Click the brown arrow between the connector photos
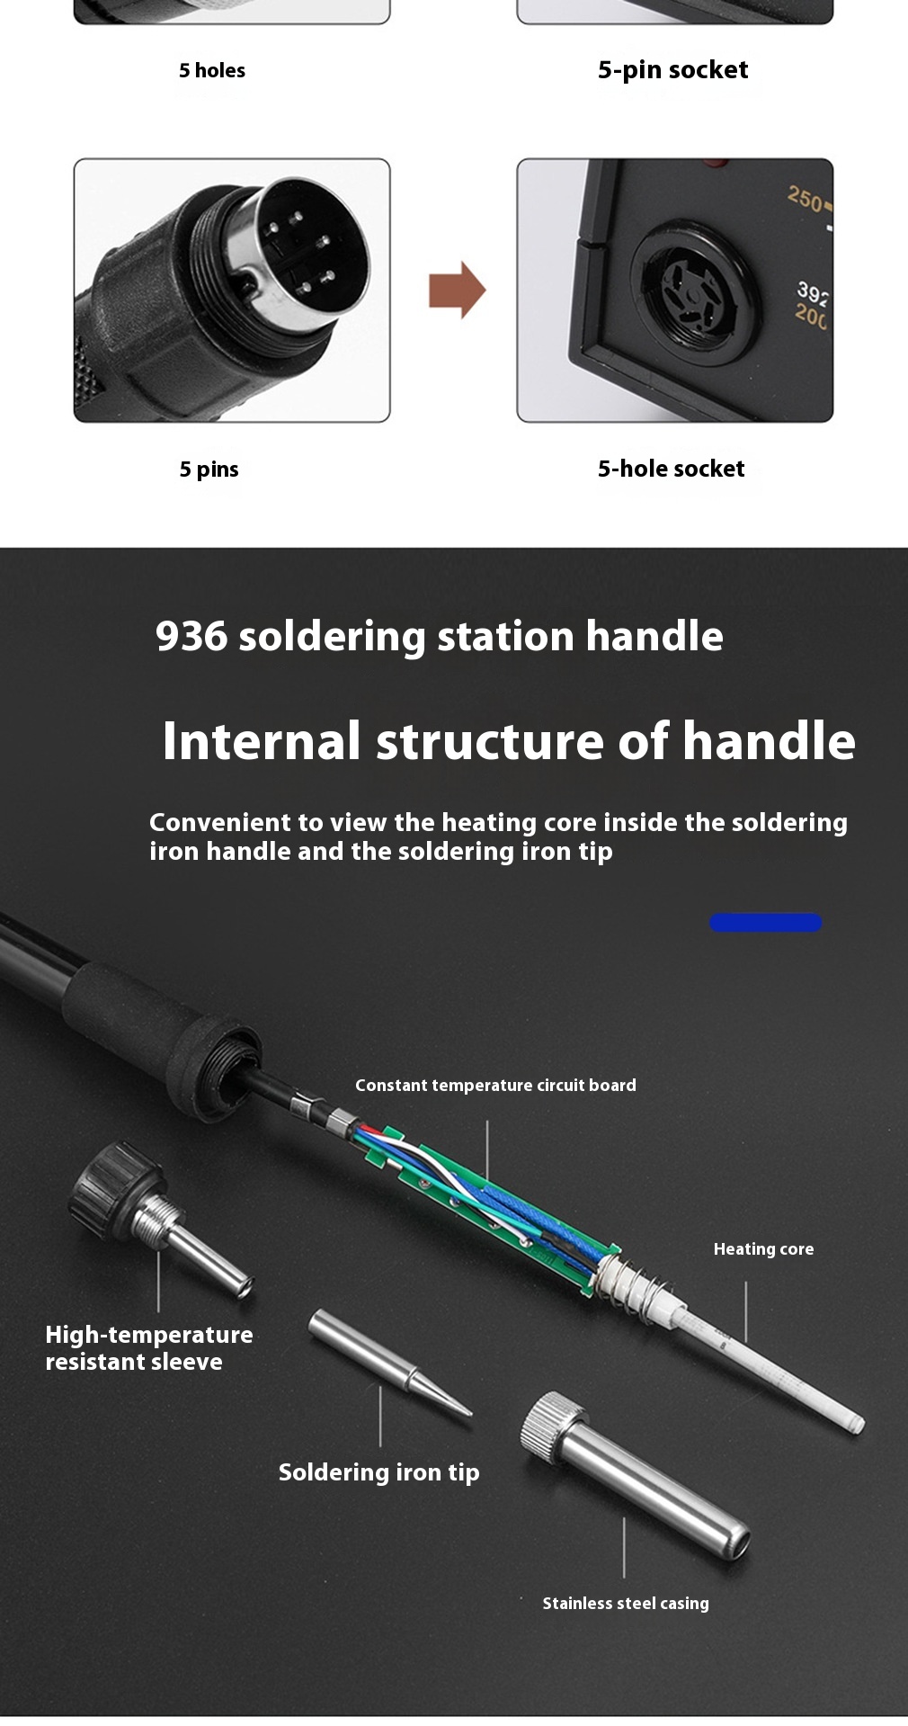tap(458, 290)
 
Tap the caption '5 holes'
tap(212, 70)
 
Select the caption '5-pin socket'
tap(672, 70)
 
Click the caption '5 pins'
tap(209, 470)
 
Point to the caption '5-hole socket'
tap(672, 469)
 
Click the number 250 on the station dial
tap(806, 199)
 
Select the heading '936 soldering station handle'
tap(440, 636)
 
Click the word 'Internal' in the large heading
tap(262, 741)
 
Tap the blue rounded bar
tap(766, 923)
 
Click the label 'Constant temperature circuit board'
tap(495, 1086)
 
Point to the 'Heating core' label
tap(763, 1249)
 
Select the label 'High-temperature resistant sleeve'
tap(149, 1348)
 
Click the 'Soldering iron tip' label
tap(378, 1472)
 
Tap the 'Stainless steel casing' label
tap(626, 1603)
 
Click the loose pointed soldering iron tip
tap(388, 1363)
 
